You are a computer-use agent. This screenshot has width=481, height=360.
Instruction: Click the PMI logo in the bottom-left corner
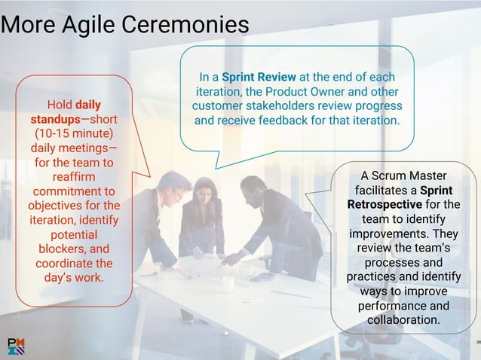16,346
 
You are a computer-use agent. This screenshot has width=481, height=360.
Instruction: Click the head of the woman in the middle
205,189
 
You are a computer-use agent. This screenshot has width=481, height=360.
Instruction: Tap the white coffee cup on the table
228,283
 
